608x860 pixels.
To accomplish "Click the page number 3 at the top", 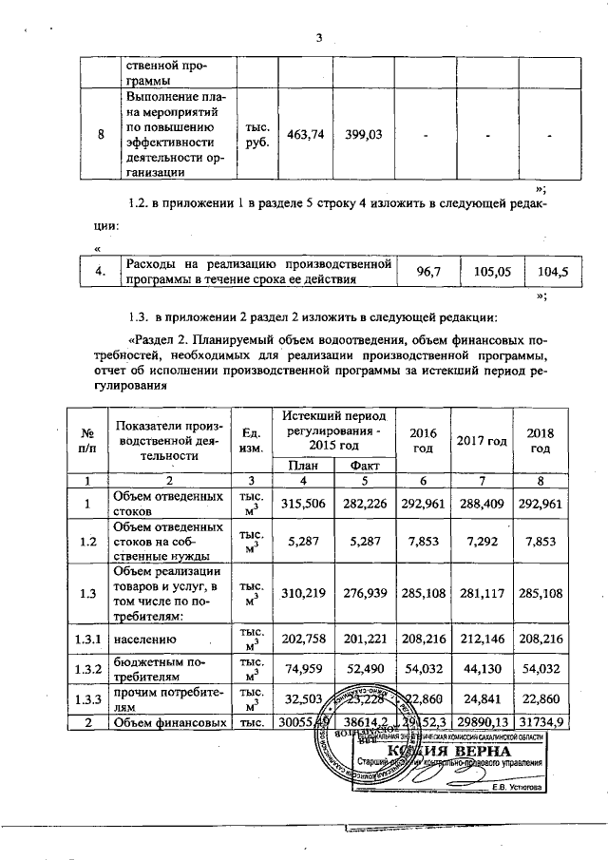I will click(320, 38).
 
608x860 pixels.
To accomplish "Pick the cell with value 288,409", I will click(482, 503).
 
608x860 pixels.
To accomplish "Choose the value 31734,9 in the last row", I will click(541, 724).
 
